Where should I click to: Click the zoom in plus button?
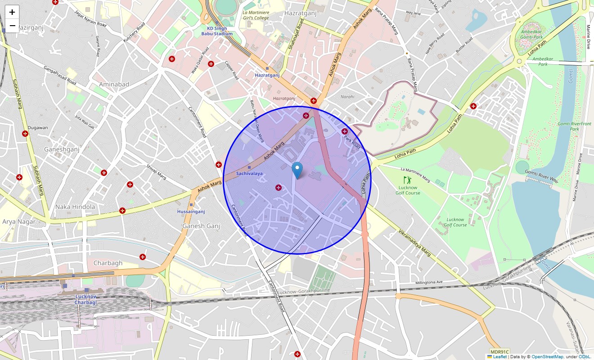coord(12,12)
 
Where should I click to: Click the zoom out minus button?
coord(12,26)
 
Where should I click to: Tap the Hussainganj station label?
coord(191,211)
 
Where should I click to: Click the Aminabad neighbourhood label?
coord(114,85)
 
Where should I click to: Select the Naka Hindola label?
coord(75,207)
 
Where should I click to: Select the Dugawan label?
coord(38,128)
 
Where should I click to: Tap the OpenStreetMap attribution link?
coord(547,357)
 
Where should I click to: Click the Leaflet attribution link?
coord(499,357)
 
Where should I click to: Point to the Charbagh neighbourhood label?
coord(108,263)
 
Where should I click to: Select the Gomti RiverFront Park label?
coord(574,126)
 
